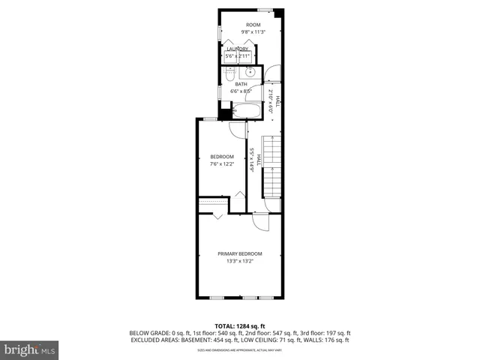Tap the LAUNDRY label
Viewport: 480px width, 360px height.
tap(238, 49)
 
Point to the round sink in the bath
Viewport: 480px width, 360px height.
tap(247, 73)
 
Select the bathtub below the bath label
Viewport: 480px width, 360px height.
tap(245, 112)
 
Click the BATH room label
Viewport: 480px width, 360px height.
tap(241, 84)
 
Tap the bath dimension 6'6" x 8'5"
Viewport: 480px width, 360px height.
tap(241, 91)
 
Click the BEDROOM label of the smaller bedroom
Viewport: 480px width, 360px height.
tap(221, 156)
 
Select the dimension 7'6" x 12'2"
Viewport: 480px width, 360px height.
tap(221, 163)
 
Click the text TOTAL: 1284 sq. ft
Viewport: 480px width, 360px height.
tap(239, 326)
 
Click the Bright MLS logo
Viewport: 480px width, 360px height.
tap(30, 349)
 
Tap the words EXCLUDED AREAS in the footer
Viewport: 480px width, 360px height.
tap(153, 340)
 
